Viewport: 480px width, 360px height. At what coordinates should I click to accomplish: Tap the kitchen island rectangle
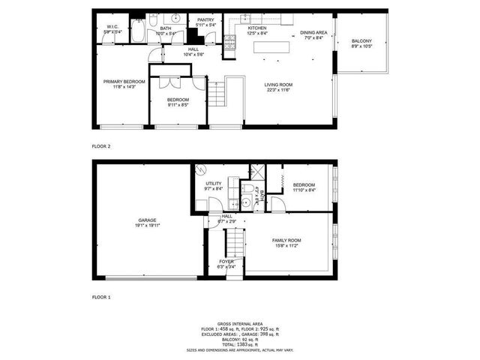[273, 47]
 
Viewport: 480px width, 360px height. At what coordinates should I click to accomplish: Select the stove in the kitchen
[232, 43]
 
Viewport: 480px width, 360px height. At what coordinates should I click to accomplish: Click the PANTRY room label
[205, 20]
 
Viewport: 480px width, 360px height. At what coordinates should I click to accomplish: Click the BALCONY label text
[362, 42]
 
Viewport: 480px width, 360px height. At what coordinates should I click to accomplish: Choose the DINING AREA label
[313, 32]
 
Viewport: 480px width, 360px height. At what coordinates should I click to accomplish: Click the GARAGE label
[146, 220]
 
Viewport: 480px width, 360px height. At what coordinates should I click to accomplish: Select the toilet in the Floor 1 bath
[247, 187]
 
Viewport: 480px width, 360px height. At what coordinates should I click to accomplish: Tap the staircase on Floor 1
[236, 244]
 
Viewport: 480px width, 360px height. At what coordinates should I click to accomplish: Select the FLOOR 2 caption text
[101, 145]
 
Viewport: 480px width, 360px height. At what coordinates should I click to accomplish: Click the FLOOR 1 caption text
[101, 298]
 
